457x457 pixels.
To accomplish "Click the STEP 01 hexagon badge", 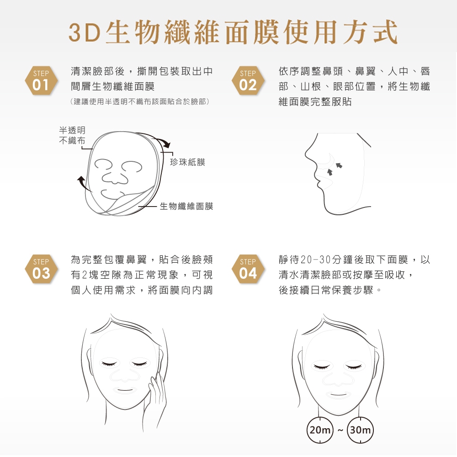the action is click(x=41, y=81).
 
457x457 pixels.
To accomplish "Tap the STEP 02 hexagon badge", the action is click(x=248, y=81).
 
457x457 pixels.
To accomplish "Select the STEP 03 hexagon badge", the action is click(x=41, y=269).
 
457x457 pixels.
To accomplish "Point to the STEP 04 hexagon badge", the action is click(x=248, y=269).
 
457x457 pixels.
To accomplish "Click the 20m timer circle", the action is click(x=320, y=430).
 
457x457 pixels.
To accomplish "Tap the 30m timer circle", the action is click(x=360, y=430).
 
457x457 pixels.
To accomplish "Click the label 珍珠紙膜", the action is click(x=187, y=162).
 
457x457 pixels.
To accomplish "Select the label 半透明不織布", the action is click(x=72, y=135).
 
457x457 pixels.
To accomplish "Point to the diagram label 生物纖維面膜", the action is click(x=186, y=207).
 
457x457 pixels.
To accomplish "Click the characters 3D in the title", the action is click(x=85, y=32).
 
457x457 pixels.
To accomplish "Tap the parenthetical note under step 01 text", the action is click(x=140, y=101).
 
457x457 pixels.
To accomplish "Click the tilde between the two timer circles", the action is click(x=340, y=430).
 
